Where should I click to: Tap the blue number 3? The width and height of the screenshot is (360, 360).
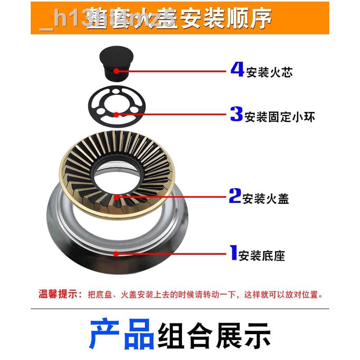(237, 114)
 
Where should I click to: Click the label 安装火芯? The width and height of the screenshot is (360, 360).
(269, 72)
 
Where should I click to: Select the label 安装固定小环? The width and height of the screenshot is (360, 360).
(280, 117)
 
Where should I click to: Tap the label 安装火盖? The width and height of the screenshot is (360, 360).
(266, 198)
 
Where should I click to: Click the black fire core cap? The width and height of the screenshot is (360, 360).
(115, 61)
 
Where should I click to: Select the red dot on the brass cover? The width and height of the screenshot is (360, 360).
(117, 196)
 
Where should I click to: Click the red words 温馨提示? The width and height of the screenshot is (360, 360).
(60, 294)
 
